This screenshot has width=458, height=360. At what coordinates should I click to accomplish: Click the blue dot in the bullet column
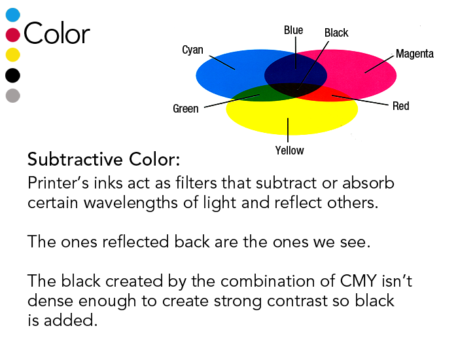coord(12,14)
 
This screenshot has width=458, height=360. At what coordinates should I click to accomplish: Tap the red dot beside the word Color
coord(12,34)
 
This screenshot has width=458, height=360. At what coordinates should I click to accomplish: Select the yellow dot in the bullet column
coord(12,54)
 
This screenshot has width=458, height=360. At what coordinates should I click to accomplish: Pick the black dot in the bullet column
coord(12,75)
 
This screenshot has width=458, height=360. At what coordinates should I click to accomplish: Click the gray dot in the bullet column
coord(12,96)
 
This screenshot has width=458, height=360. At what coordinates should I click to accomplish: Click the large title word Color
coord(56,33)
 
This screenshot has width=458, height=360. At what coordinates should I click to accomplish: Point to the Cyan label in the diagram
coord(192,50)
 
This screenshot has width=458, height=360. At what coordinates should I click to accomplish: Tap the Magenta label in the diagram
coord(414,54)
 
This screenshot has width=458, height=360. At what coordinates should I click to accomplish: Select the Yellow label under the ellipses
coord(289,151)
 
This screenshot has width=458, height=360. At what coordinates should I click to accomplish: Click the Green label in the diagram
coord(185,109)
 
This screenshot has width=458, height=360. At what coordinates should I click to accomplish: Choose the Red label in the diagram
coord(400,105)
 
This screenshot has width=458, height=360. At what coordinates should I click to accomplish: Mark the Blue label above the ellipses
coord(293,30)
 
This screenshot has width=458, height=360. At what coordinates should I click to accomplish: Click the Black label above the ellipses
coord(336,32)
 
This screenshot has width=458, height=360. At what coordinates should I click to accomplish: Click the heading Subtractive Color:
coord(103,160)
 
